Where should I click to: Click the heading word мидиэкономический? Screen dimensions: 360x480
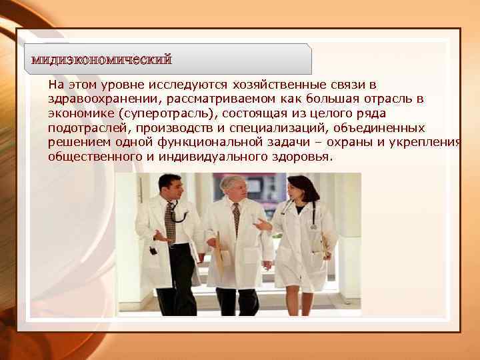101,60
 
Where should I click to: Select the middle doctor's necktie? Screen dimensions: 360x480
236,220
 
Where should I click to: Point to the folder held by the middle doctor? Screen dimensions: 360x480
218,253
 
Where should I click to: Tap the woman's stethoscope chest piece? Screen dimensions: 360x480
313,226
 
